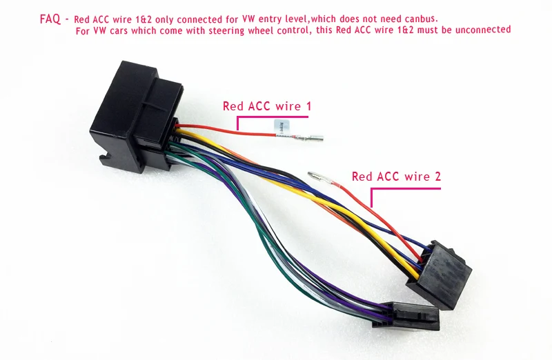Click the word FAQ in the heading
50,19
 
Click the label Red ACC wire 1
267,106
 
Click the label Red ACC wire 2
396,177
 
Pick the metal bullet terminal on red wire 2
319,178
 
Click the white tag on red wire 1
282,128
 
